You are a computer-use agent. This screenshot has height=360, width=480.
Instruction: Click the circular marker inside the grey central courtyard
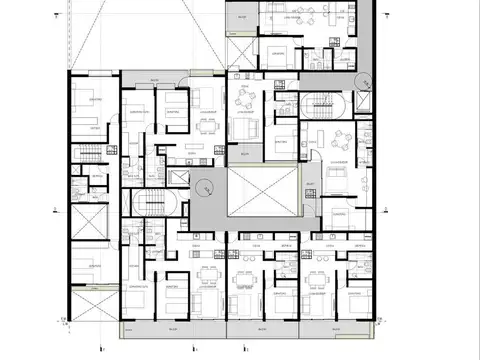pyautogui.click(x=206, y=184)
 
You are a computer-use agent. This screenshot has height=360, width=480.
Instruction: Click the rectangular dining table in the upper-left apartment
pyautogui.click(x=206, y=125)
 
